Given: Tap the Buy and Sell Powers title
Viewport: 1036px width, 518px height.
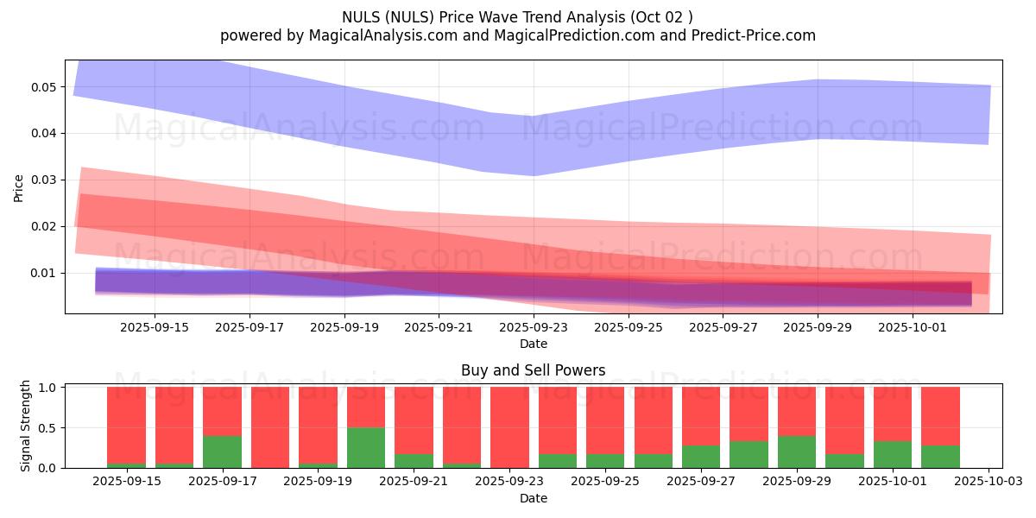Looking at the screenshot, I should (x=533, y=370).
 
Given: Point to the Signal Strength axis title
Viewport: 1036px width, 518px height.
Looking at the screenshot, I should (x=26, y=426).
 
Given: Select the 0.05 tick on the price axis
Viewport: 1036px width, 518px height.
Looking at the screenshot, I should (x=43, y=87).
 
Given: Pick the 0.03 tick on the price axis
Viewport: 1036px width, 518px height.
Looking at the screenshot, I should (x=43, y=180).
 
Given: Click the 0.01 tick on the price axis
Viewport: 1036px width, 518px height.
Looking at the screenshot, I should (x=43, y=273).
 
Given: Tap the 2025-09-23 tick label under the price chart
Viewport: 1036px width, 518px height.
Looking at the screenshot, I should (x=534, y=327).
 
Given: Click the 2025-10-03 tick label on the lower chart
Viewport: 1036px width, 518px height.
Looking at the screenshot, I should (x=987, y=482).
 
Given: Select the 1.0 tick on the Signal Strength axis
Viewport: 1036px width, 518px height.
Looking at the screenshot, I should (x=47, y=388).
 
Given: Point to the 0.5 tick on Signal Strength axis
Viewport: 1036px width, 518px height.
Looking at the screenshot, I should (x=47, y=428).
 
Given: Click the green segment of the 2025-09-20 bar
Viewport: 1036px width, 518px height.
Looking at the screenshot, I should (x=366, y=447).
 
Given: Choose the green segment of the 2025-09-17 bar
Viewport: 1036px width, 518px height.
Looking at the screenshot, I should (x=222, y=452).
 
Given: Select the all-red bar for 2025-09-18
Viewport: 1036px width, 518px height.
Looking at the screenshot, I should (x=270, y=427).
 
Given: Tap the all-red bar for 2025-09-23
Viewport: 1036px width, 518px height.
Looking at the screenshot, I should (x=509, y=427).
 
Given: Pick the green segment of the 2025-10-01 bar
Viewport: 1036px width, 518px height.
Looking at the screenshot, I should (x=892, y=454).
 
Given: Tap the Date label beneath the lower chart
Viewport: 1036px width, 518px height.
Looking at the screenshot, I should (x=533, y=498).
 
